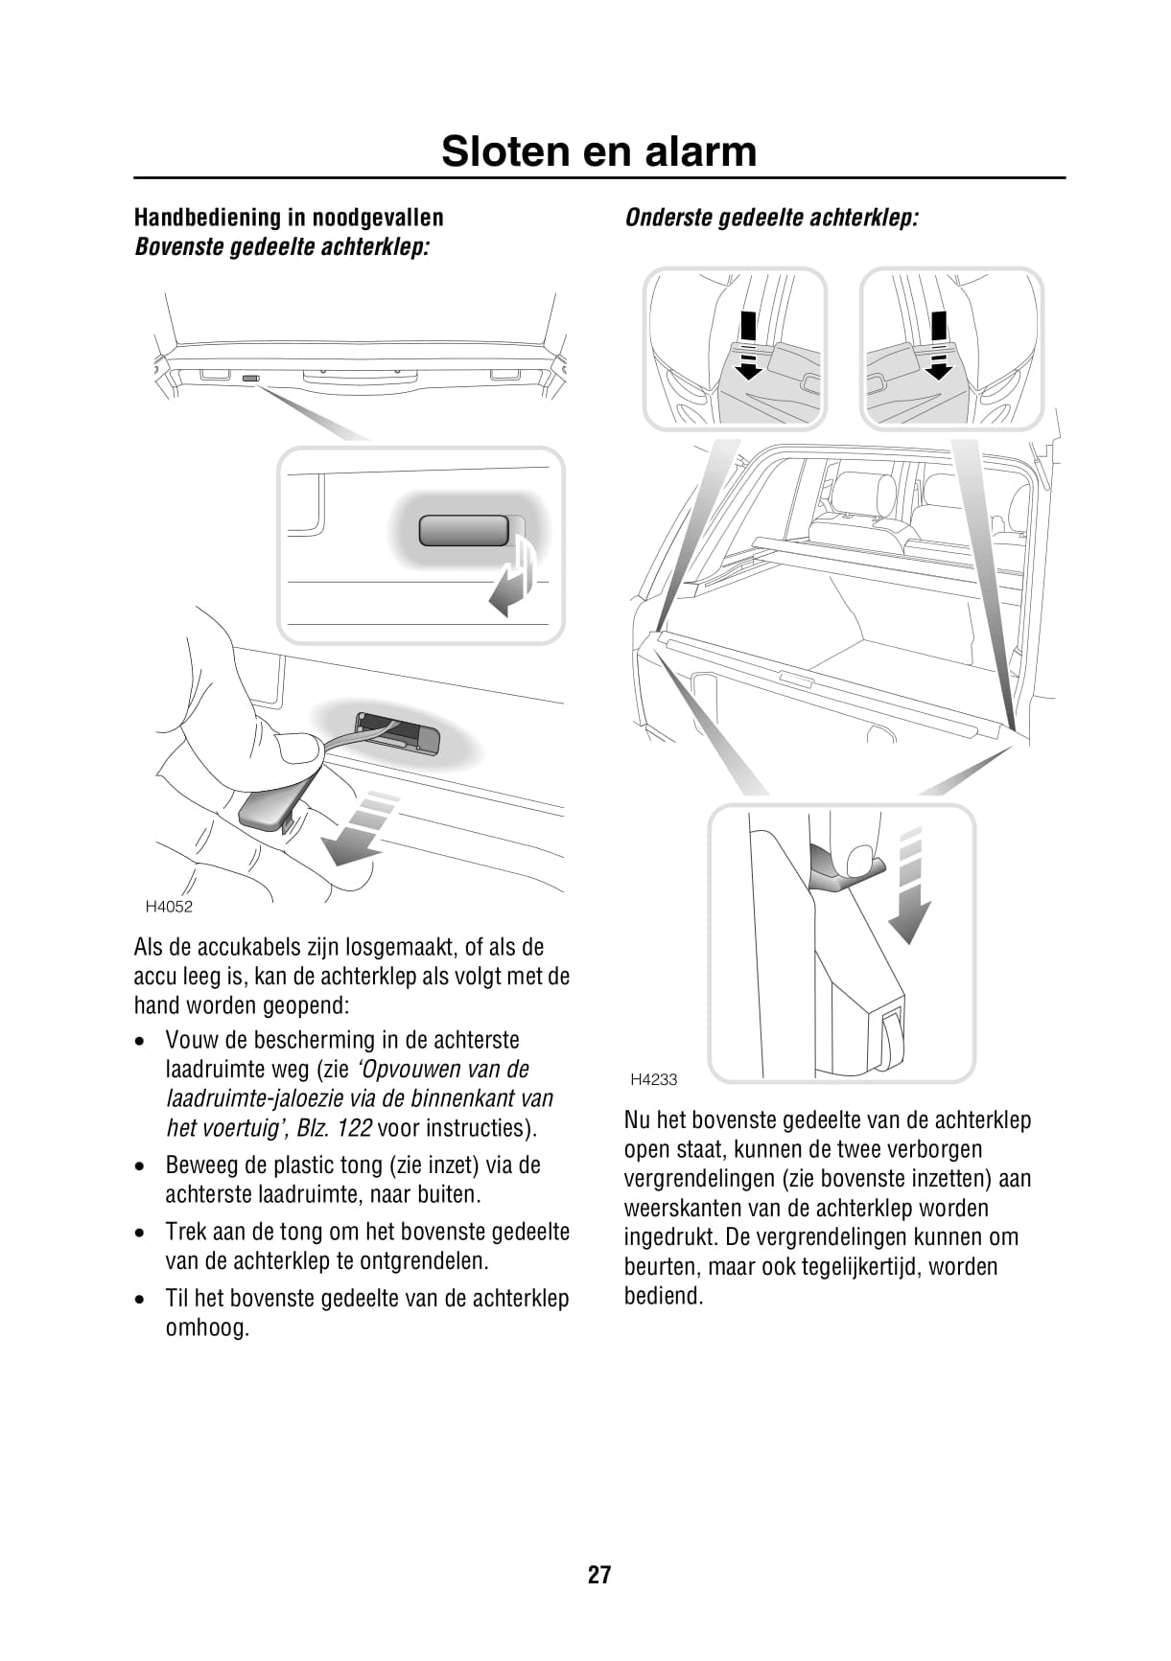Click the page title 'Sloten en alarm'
(598, 151)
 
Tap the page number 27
(599, 1575)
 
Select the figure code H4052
(169, 907)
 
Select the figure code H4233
(654, 1079)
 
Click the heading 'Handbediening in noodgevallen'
(289, 218)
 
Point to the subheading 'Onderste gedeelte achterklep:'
(771, 218)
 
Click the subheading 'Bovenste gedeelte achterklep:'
(282, 247)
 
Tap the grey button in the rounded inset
(464, 530)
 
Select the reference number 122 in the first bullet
(355, 1128)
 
